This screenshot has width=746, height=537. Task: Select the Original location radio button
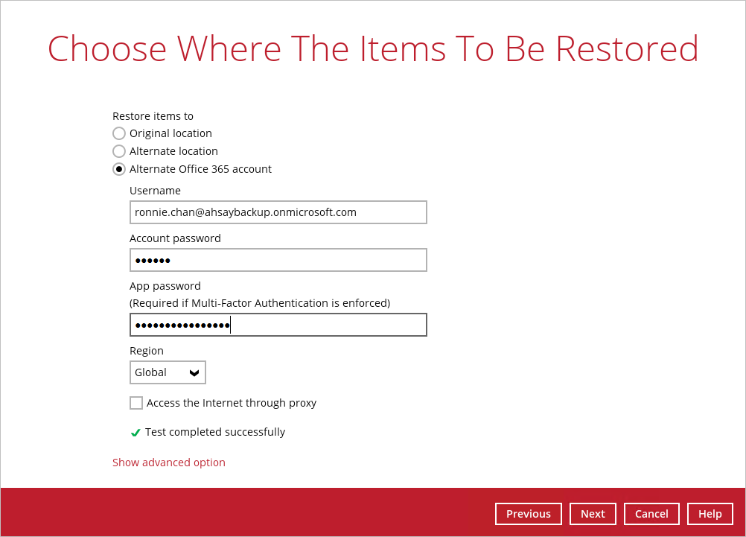pyautogui.click(x=119, y=133)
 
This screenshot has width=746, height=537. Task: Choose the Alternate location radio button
pyautogui.click(x=119, y=151)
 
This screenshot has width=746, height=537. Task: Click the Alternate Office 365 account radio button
pyautogui.click(x=119, y=169)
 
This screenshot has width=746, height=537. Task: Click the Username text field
pyautogui.click(x=278, y=212)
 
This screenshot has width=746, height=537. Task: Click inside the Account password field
pyautogui.click(x=278, y=260)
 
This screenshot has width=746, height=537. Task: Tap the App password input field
pyautogui.click(x=278, y=325)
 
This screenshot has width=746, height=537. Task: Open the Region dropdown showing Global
pyautogui.click(x=168, y=372)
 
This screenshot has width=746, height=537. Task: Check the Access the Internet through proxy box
pyautogui.click(x=136, y=403)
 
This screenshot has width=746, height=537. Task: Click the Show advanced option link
pyautogui.click(x=169, y=463)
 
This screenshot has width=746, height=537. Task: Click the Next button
pyautogui.click(x=593, y=514)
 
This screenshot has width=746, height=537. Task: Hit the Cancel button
pyautogui.click(x=651, y=514)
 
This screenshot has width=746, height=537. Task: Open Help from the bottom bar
pyautogui.click(x=710, y=514)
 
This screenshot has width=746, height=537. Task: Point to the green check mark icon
pyautogui.click(x=136, y=432)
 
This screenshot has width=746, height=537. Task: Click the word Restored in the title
pyautogui.click(x=627, y=48)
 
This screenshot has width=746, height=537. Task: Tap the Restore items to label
pyautogui.click(x=153, y=116)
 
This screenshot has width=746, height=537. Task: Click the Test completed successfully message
pyautogui.click(x=215, y=432)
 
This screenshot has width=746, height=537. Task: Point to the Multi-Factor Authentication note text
pyautogui.click(x=260, y=303)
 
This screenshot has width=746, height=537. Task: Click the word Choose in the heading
pyautogui.click(x=107, y=48)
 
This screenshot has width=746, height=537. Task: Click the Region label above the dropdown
pyautogui.click(x=147, y=351)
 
